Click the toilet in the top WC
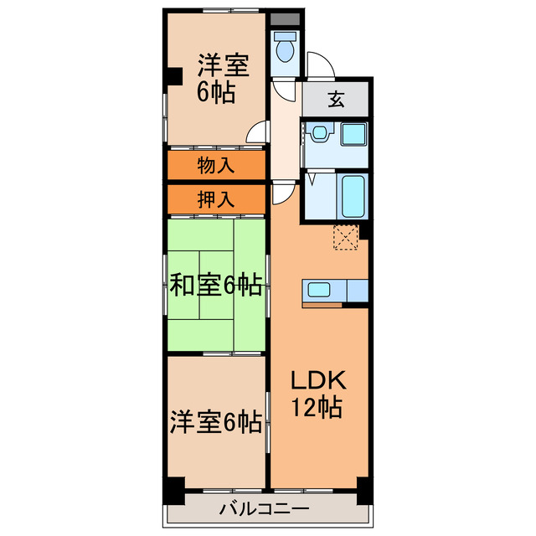tap(285, 49)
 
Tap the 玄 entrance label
tap(335, 100)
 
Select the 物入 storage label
tap(215, 164)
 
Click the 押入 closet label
tap(215, 199)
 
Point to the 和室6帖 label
tap(215, 286)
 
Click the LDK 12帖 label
tap(316, 394)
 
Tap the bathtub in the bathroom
tap(353, 195)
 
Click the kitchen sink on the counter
tap(319, 291)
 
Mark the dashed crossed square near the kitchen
tap(346, 237)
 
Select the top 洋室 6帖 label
tap(215, 77)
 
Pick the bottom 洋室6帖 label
tap(215, 421)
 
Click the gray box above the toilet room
tap(285, 19)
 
